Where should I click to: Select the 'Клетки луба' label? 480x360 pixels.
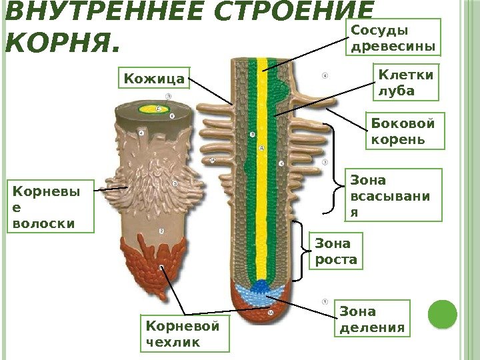[x=405, y=82]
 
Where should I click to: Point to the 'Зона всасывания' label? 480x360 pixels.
[x=395, y=194]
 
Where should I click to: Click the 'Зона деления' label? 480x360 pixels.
[x=372, y=319]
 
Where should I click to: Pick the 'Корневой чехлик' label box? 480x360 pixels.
[x=186, y=333]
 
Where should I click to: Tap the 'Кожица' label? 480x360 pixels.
[x=154, y=79]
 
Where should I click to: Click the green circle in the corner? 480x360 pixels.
[x=442, y=315]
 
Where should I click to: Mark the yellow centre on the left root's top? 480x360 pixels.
[x=154, y=108]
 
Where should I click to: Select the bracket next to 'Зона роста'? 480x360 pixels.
[x=303, y=250]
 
